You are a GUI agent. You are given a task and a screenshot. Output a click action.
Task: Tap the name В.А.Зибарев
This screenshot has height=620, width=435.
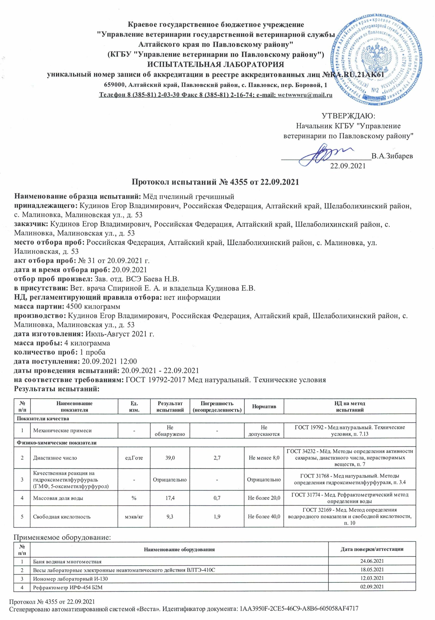click(x=392, y=156)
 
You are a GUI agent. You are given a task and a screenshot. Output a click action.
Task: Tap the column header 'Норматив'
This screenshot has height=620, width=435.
click(x=264, y=407)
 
